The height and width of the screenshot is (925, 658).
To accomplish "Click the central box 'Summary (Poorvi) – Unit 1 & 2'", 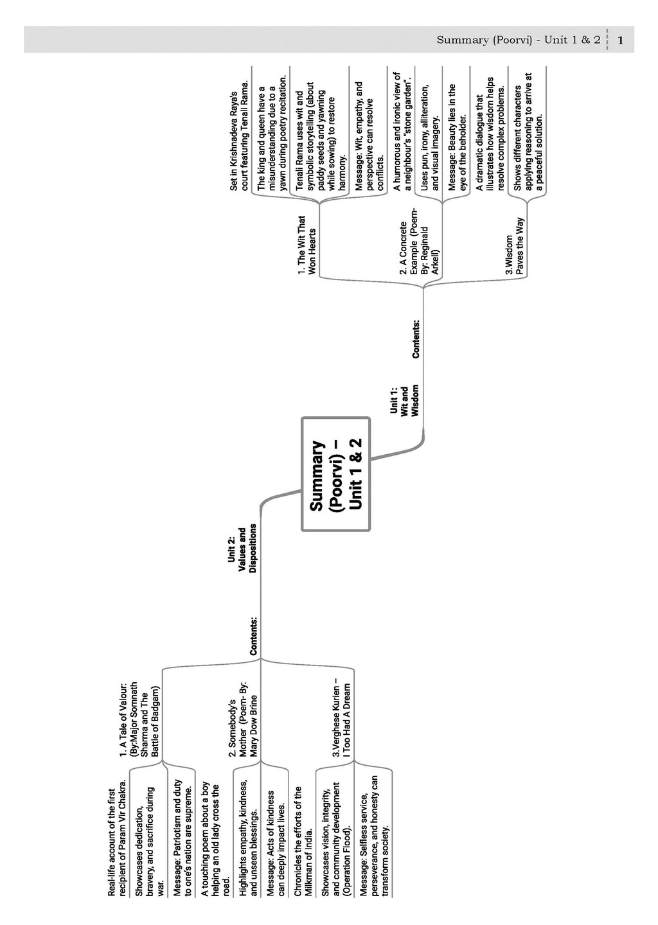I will (x=336, y=475).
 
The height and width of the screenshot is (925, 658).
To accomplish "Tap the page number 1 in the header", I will (x=621, y=40).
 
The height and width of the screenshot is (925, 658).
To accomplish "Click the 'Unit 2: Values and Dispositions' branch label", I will (x=242, y=548).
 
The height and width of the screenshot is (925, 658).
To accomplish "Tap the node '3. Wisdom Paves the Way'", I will (x=514, y=247).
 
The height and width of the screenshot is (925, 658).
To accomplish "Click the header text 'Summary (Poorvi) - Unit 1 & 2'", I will (x=518, y=40).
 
